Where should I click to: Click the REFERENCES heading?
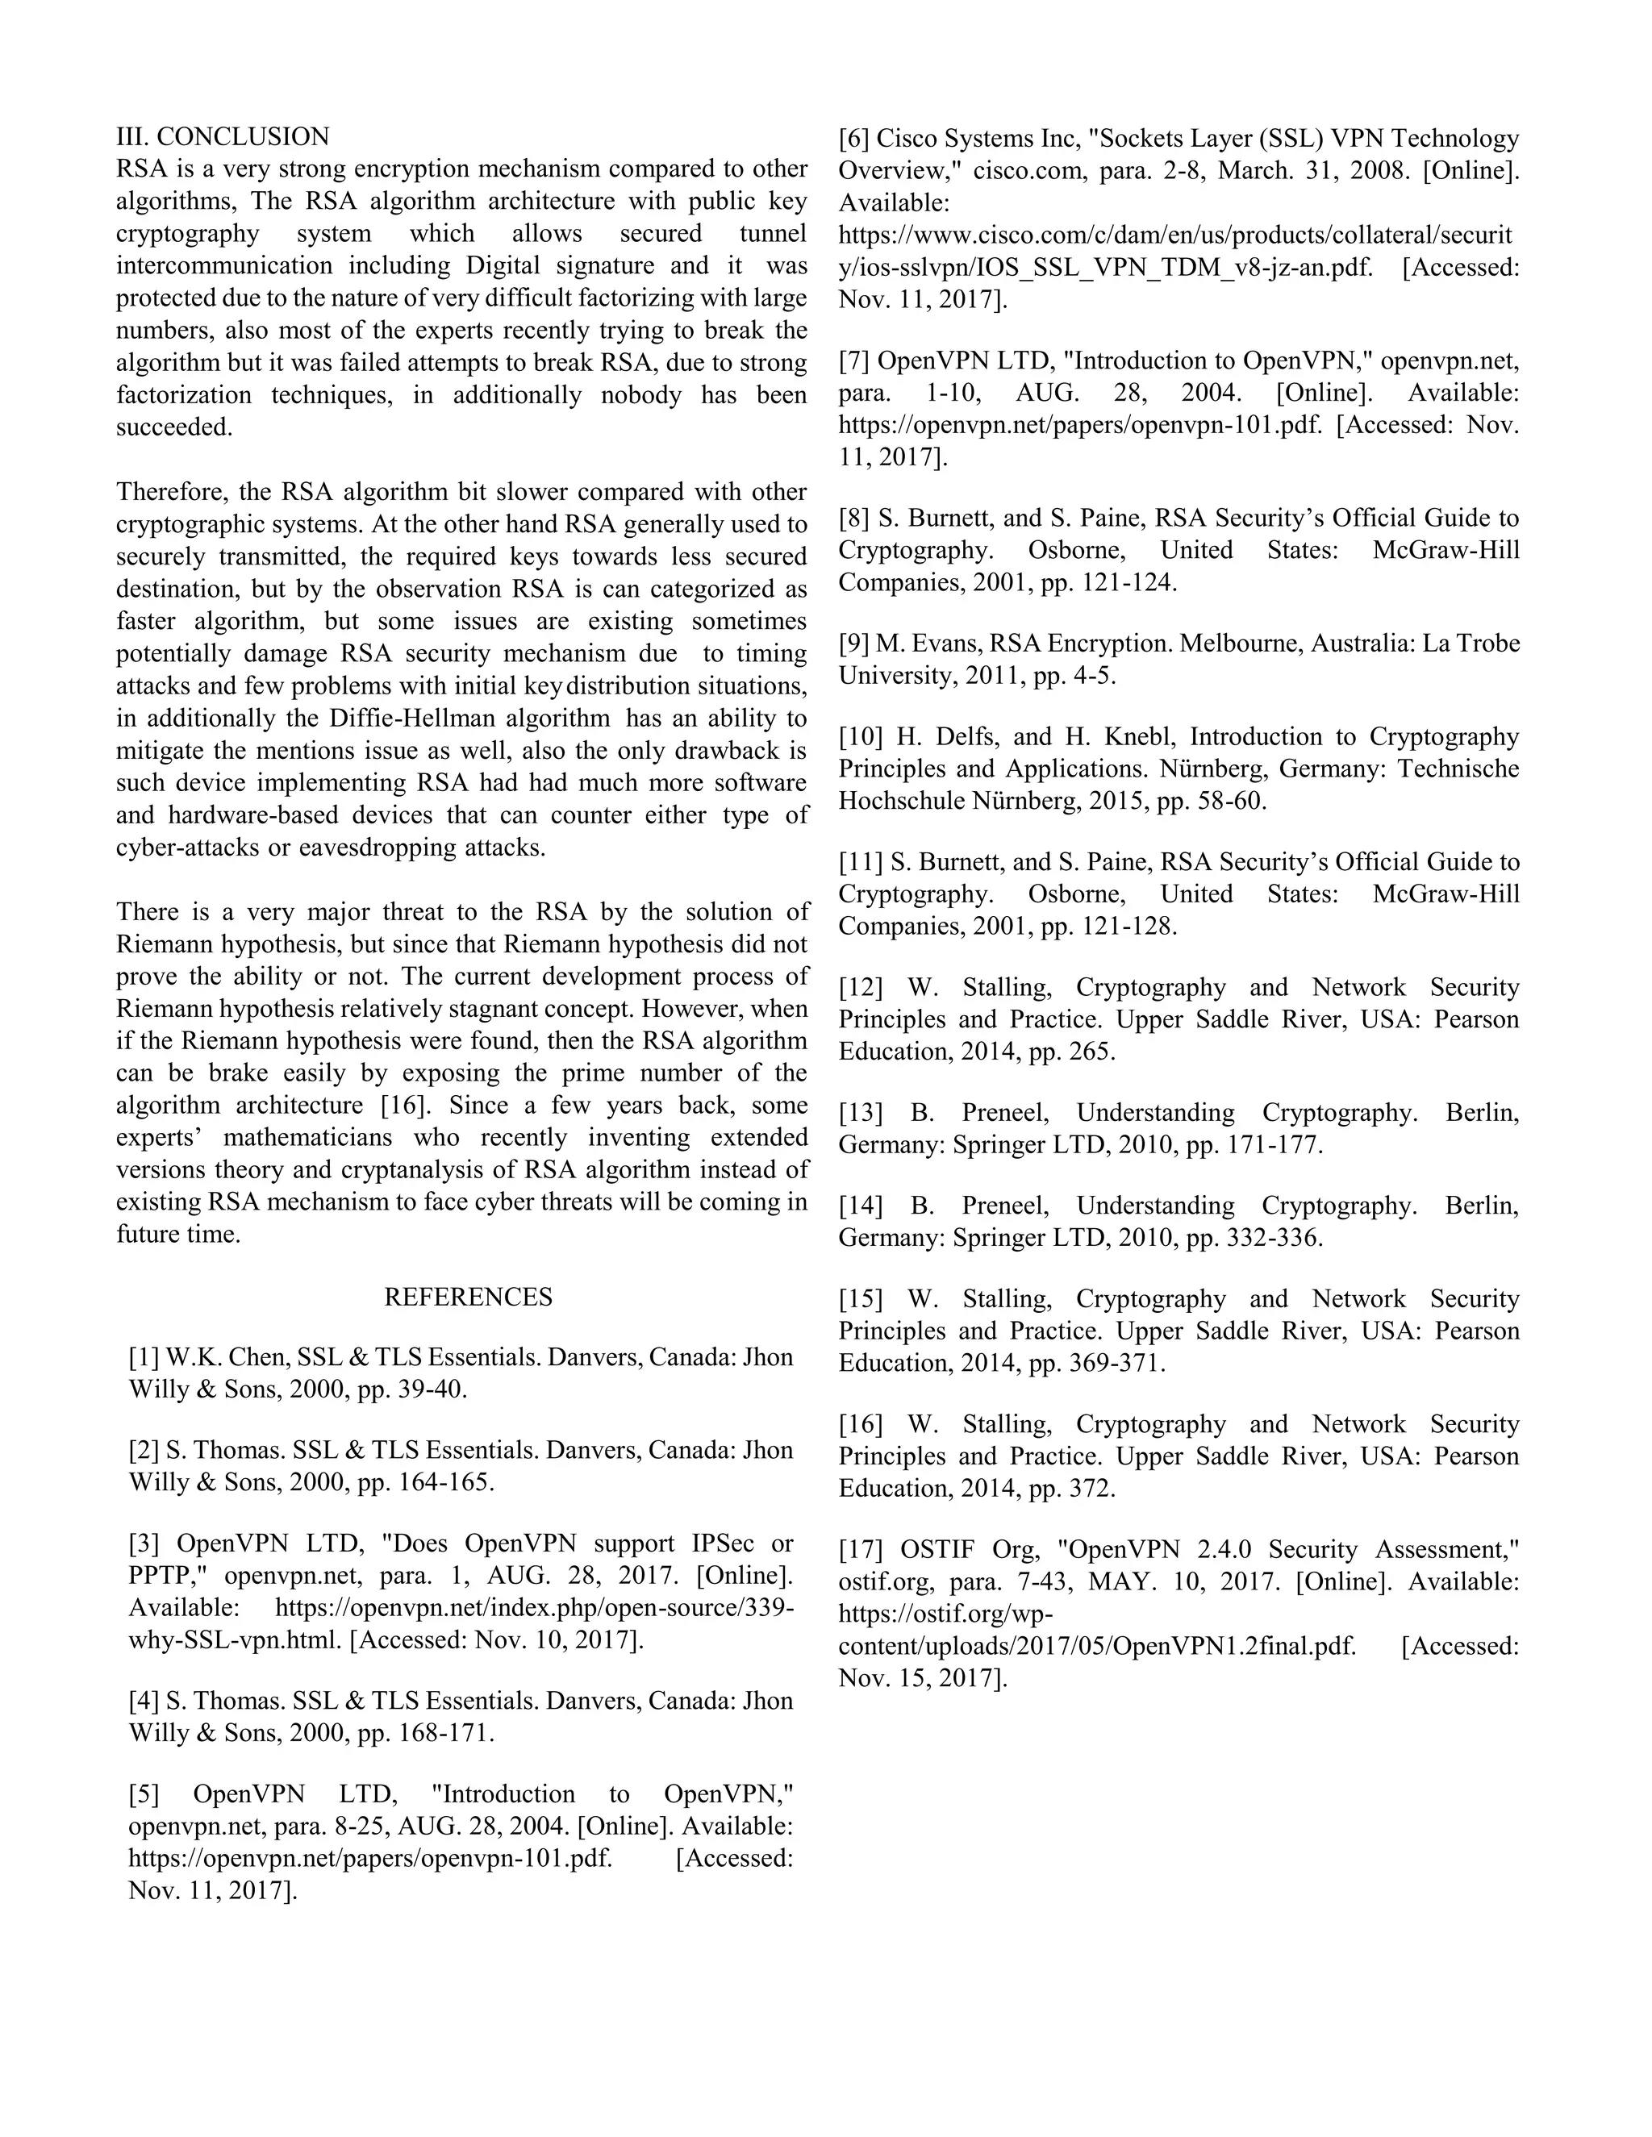pos(468,1297)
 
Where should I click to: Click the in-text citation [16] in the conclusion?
pos(404,1106)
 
